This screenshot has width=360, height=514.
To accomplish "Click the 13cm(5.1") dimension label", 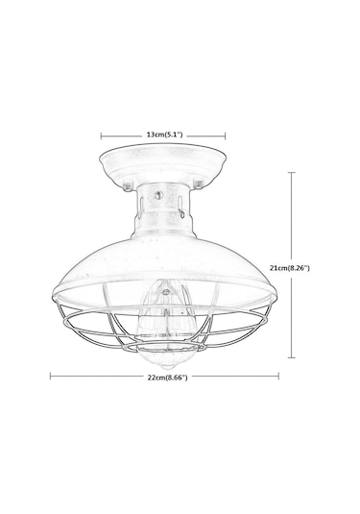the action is pos(164,135).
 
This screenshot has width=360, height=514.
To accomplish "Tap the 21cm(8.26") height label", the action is pos(290,268).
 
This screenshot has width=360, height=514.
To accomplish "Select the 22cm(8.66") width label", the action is pos(167,378).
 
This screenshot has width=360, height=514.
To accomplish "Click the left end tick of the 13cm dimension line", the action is pos(101,135).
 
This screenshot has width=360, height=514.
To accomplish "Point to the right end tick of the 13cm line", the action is pos(226,135).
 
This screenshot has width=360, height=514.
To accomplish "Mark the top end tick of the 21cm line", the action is pos(292,172).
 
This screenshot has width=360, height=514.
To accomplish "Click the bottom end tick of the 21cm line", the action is pos(292,357).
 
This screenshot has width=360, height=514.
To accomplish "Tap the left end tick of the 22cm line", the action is pos(50,376).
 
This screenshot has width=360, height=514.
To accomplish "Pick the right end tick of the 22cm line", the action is pos(278,376).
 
